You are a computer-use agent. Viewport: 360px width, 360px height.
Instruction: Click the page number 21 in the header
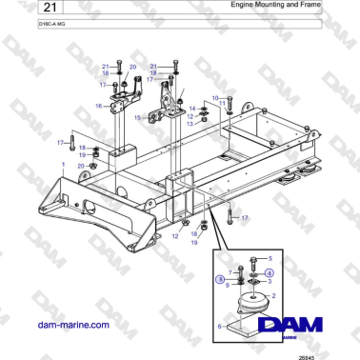[21, 9]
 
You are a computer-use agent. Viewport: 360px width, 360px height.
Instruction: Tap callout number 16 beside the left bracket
[98, 107]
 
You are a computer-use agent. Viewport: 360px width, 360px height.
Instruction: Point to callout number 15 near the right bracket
[136, 117]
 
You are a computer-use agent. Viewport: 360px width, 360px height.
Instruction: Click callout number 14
[190, 109]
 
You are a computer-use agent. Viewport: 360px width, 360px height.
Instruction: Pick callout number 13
[190, 124]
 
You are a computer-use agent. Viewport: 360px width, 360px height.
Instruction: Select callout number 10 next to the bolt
[215, 97]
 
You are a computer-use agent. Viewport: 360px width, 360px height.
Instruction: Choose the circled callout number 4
[268, 272]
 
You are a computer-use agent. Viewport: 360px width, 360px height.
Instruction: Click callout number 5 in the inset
[270, 258]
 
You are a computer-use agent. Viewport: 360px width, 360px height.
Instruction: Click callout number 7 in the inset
[230, 271]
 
